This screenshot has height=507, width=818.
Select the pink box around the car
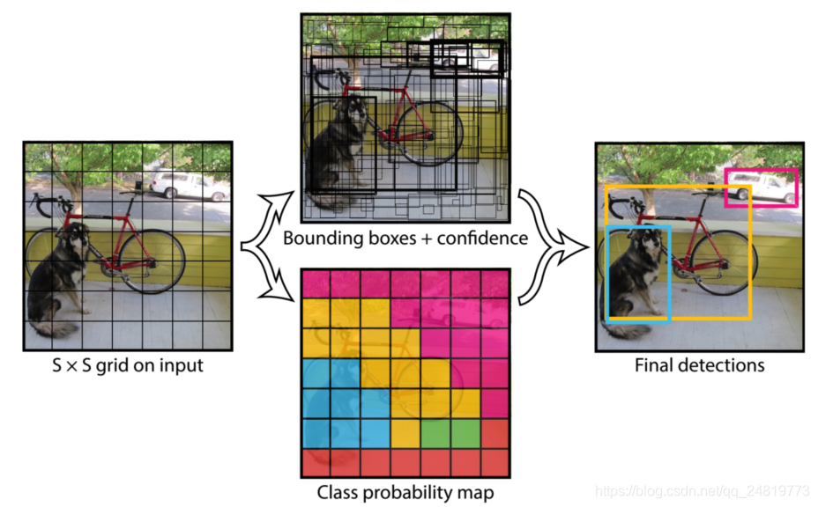click(761, 171)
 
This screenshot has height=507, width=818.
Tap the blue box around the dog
click(608, 273)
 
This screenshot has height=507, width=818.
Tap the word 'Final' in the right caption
click(654, 364)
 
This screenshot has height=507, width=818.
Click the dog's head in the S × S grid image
click(77, 236)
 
